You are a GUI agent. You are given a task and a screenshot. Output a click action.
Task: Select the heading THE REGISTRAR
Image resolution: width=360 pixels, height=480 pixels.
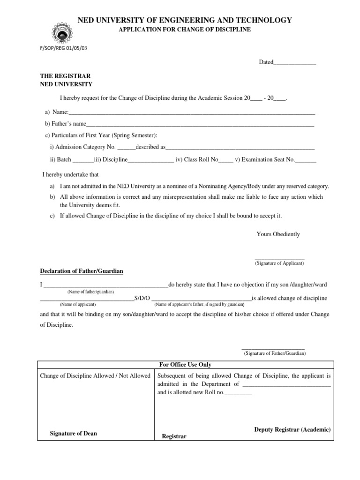pos(65,76)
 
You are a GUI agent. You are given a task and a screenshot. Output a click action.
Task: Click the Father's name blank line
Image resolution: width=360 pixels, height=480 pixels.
pos(200,124)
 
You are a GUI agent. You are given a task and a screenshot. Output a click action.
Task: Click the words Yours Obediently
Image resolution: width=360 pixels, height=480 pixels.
pos(278,234)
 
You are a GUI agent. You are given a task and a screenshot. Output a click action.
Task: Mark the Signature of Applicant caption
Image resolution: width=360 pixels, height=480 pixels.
pos(279,263)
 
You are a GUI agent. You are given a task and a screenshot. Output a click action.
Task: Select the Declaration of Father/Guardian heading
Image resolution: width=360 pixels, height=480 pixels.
pos(82,271)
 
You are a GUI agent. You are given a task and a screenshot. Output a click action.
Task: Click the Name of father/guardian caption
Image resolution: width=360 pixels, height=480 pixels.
pos(90,292)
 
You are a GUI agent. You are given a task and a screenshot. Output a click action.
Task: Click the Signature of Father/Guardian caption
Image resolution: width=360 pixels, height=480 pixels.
pos(275,353)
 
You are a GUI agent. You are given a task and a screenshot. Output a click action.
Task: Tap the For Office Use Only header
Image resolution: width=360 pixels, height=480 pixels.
pos(185,365)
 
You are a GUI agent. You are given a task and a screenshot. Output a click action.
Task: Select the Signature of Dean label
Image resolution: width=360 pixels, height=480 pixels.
pos(74,434)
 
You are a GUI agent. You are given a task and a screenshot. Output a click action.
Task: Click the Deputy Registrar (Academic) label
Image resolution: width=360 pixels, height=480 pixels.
pos(292,430)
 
